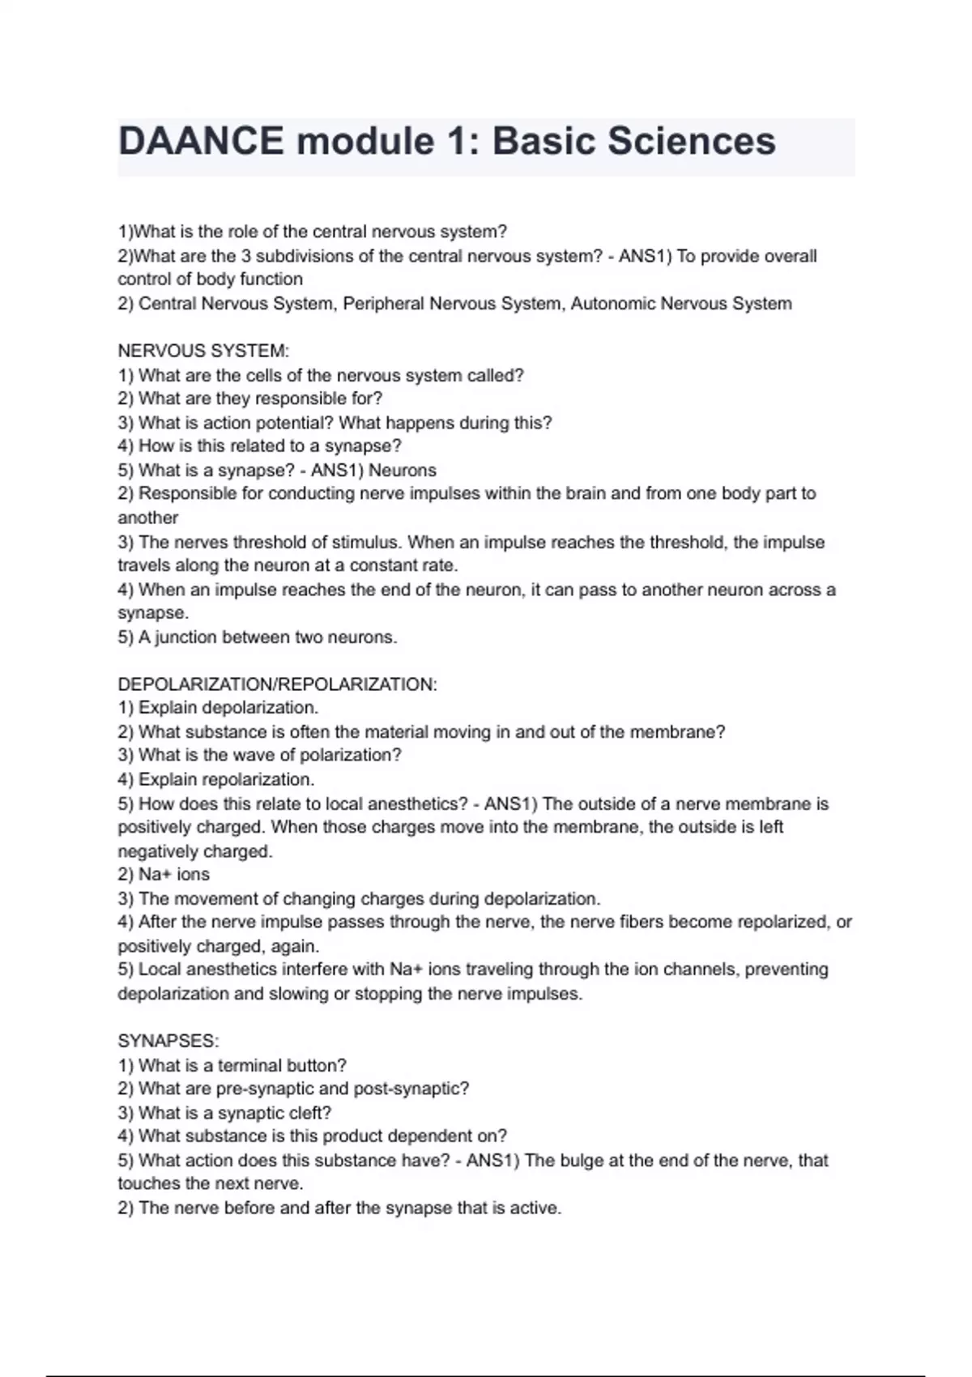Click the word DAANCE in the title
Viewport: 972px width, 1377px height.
pos(201,141)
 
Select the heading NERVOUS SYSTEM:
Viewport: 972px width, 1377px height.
pos(203,351)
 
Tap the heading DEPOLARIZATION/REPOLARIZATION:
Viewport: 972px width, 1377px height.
pos(277,684)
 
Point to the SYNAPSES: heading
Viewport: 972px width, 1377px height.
pos(168,1041)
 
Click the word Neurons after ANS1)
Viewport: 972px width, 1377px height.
pos(403,471)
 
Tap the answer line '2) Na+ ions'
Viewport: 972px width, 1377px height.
pos(164,875)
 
